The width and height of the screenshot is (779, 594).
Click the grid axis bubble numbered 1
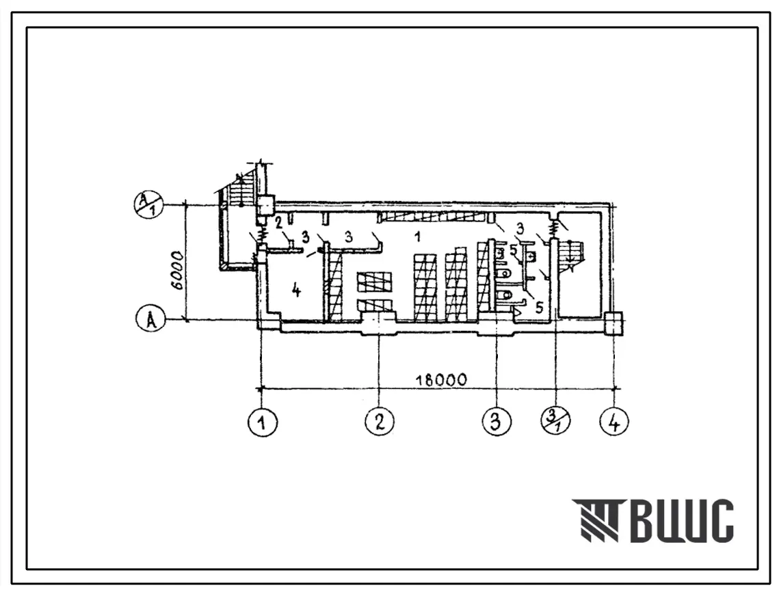tap(262, 422)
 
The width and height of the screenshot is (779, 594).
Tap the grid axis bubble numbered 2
tap(379, 422)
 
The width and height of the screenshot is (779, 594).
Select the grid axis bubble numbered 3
tap(497, 422)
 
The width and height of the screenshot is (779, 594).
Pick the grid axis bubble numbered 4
tap(614, 422)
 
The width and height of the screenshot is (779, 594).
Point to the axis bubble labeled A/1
tap(150, 205)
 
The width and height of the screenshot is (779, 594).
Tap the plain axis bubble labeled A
tap(150, 319)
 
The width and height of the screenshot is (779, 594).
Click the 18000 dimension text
tap(441, 380)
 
